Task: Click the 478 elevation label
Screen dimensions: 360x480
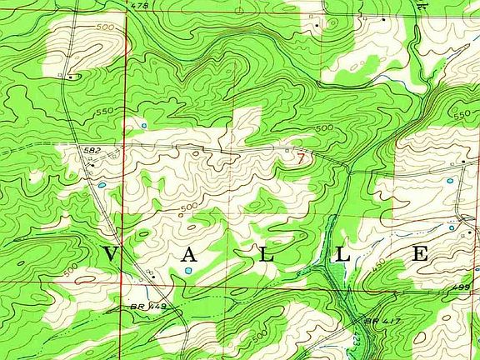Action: (x=139, y=6)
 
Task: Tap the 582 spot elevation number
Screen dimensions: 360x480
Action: (x=92, y=148)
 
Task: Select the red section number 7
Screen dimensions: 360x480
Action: (x=300, y=155)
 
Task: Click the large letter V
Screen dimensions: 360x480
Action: (x=112, y=255)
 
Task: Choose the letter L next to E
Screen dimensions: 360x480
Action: (x=342, y=255)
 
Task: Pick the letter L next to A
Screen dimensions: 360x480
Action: (x=265, y=255)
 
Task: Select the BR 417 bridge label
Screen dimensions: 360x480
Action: (x=377, y=320)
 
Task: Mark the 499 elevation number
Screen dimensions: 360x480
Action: (x=463, y=287)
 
